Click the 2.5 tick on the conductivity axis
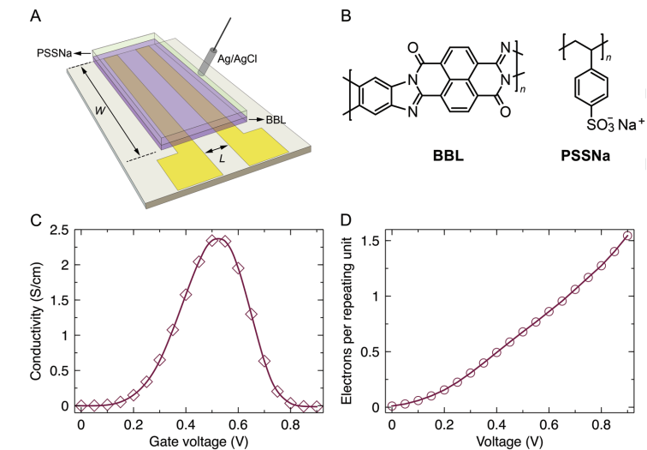[57, 230]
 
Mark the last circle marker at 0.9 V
[628, 236]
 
